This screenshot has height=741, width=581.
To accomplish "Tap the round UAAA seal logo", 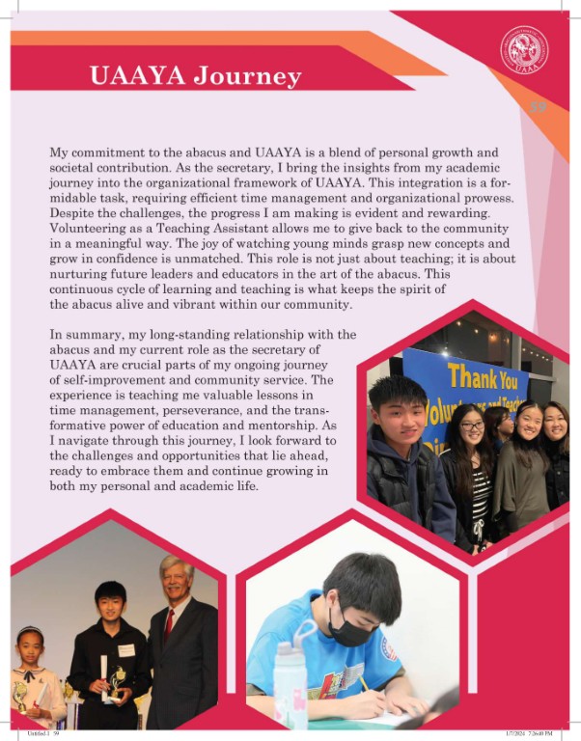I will tap(524, 49).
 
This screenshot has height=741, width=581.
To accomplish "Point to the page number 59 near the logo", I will tap(538, 107).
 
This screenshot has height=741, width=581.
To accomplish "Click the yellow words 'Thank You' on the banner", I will tap(483, 377).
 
